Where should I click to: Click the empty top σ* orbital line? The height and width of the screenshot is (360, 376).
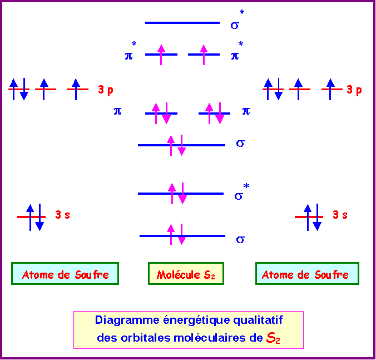(x=182, y=23)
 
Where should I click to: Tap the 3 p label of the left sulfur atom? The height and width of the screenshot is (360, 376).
(x=106, y=90)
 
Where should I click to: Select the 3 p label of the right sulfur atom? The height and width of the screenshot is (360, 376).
(x=354, y=90)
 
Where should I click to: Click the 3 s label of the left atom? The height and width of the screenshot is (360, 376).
(x=63, y=215)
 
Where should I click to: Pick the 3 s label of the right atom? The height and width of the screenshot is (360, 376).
(x=340, y=215)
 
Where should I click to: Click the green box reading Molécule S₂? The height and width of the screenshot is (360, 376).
(x=186, y=274)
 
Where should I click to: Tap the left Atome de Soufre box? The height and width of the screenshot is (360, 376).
(x=65, y=274)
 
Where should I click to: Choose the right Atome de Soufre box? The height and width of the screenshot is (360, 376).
(x=307, y=274)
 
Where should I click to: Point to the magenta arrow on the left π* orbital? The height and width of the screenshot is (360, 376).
(x=161, y=55)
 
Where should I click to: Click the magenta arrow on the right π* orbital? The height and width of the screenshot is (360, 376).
(x=204, y=55)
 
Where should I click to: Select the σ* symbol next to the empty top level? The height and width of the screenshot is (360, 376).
(x=238, y=19)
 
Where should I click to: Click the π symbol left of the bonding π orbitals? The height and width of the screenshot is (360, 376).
(x=117, y=111)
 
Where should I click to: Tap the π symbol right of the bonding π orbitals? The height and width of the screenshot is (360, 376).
(x=246, y=111)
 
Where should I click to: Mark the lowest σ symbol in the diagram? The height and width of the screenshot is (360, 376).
(x=240, y=240)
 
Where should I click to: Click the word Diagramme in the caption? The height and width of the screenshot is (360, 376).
(x=127, y=320)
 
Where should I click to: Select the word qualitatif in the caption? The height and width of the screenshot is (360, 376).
(x=258, y=320)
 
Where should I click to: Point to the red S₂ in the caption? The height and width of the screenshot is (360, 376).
(x=273, y=338)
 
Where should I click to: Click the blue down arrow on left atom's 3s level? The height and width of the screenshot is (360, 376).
(x=39, y=218)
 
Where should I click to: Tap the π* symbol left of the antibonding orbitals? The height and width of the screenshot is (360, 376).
(x=131, y=51)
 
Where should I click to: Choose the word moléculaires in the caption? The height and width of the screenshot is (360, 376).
(x=210, y=338)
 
